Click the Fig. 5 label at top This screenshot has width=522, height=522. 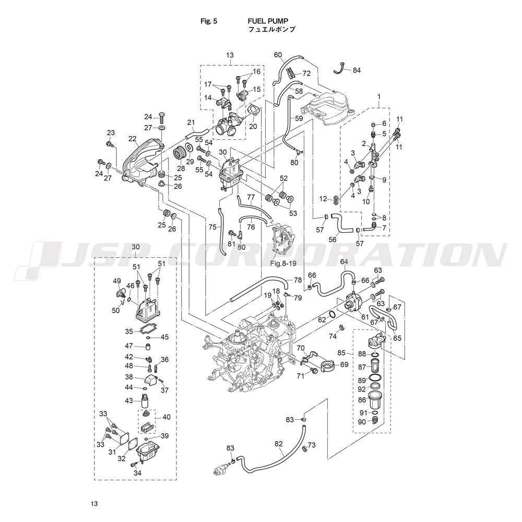coord(209,21)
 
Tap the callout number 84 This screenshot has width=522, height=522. coord(357,70)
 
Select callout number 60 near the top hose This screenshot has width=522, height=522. coord(278,55)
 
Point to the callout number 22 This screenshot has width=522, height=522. coord(132,138)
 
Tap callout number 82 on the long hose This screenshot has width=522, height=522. coord(278,444)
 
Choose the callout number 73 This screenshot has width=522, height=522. coord(312,445)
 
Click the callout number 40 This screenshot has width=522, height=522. coord(167,417)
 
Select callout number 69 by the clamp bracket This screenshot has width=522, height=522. coord(344,364)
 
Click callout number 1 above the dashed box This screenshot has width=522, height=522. coord(379,97)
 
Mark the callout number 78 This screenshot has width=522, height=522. coord(298,280)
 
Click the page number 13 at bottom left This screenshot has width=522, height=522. coord(94,504)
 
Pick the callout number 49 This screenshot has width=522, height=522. coord(117,280)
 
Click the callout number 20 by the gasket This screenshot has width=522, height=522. coord(253,126)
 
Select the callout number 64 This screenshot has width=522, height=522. coord(343,262)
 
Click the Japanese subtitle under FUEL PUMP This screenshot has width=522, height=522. coord(271,30)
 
